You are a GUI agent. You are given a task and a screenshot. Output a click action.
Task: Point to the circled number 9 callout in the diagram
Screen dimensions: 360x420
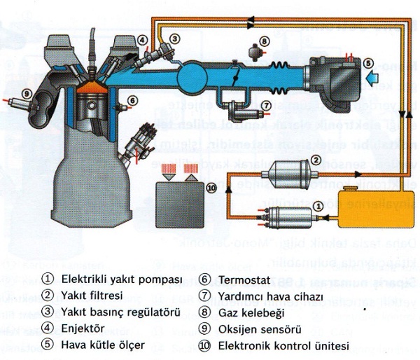26,93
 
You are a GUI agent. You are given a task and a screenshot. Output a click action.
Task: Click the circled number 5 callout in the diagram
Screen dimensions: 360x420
367,62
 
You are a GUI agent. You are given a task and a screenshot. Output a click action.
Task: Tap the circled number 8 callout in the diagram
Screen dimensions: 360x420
264,41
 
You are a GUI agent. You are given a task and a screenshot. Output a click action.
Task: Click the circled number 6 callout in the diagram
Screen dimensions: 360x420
134,101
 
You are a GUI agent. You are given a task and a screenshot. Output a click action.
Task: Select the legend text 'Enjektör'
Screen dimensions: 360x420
83,328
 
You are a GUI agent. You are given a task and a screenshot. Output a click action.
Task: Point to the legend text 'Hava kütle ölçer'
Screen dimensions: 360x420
103,345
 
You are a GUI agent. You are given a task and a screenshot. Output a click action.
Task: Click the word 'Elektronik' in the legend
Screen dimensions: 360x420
242,345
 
